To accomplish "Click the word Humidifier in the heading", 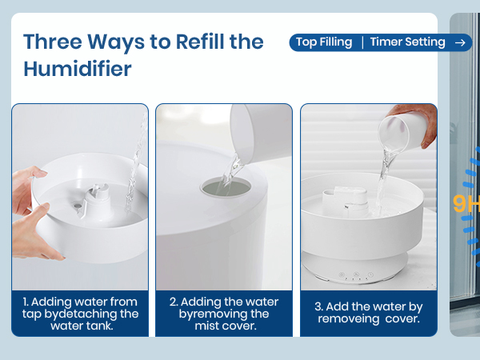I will (78, 69).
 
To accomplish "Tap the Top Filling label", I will (324, 42).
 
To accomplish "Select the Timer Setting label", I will (407, 42).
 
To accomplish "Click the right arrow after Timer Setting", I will (460, 42).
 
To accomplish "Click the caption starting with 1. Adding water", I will (80, 314).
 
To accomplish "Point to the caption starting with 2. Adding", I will (224, 314).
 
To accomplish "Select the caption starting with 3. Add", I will (369, 313).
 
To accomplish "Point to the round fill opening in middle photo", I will (225, 186).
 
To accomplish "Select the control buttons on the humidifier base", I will (353, 274).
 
